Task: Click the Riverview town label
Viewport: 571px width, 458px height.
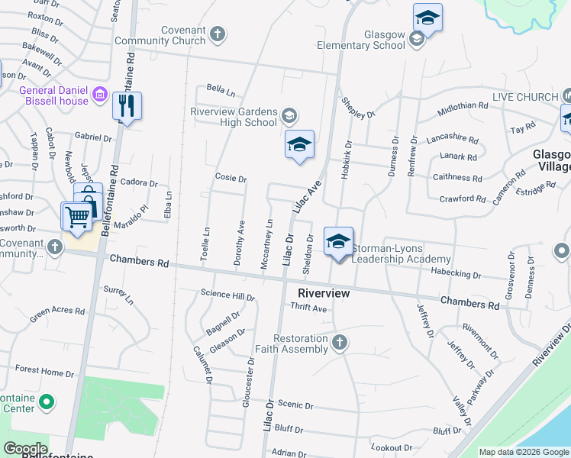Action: (324, 293)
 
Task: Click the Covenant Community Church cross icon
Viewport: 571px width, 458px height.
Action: (218, 34)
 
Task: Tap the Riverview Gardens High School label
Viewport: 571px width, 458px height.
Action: (233, 117)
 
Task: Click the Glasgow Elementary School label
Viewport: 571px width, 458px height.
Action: (374, 40)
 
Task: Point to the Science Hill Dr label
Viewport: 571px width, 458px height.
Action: (227, 294)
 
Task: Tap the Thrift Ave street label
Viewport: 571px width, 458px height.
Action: (308, 308)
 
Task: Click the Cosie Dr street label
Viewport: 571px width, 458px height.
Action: (231, 179)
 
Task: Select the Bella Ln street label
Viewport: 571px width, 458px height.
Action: (221, 92)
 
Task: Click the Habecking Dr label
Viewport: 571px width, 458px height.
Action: (455, 274)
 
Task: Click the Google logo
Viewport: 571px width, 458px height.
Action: (24, 449)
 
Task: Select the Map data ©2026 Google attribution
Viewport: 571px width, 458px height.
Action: (524, 452)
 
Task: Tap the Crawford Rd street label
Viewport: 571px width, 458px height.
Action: (463, 198)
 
